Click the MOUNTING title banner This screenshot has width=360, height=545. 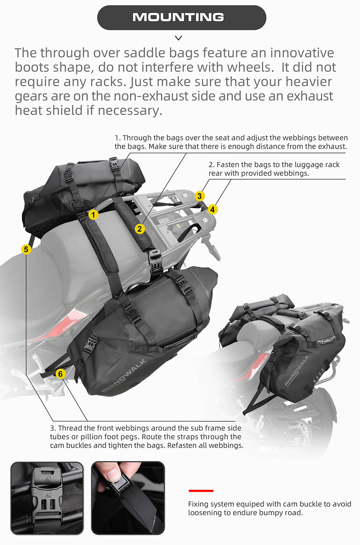pyautogui.click(x=181, y=17)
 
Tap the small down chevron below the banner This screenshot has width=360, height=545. pyautogui.click(x=178, y=38)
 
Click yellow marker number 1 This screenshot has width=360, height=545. pyautogui.click(x=93, y=215)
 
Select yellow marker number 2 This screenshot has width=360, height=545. pyautogui.click(x=140, y=228)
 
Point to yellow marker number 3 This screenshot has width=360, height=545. pyautogui.click(x=199, y=196)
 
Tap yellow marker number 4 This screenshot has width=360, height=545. pyautogui.click(x=212, y=210)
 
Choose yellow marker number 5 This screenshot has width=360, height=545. pyautogui.click(x=26, y=249)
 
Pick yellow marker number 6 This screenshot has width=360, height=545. pyautogui.click(x=60, y=374)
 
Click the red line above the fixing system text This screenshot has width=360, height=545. pyautogui.click(x=201, y=491)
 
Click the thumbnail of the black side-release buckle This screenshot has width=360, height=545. pyautogui.click(x=47, y=498)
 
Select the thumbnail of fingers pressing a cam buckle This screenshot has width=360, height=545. pyautogui.click(x=128, y=498)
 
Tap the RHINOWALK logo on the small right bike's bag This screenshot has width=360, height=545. pyautogui.click(x=297, y=370)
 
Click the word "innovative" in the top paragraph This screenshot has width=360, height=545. pyautogui.click(x=302, y=53)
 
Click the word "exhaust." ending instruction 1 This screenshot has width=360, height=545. pyautogui.click(x=332, y=147)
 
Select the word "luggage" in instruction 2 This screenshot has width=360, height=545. pyautogui.click(x=309, y=165)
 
